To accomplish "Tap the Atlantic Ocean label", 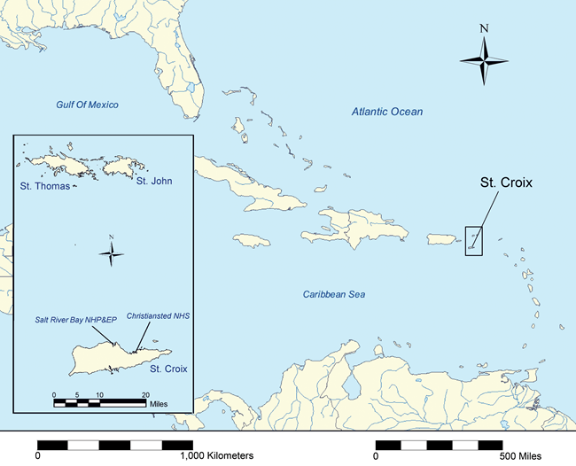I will [x=386, y=112].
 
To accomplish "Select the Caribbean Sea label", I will [x=334, y=294].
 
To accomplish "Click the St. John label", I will [x=152, y=182].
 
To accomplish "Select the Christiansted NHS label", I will [x=159, y=315].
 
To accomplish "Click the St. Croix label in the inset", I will [x=167, y=368].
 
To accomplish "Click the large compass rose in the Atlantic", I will [x=484, y=59].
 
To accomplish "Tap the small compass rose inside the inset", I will [x=111, y=254].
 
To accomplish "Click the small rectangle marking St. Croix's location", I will [x=473, y=240].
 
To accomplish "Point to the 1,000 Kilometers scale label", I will [x=216, y=454].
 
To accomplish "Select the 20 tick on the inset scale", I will [x=145, y=394].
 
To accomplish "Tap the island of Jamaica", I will [x=253, y=240].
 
